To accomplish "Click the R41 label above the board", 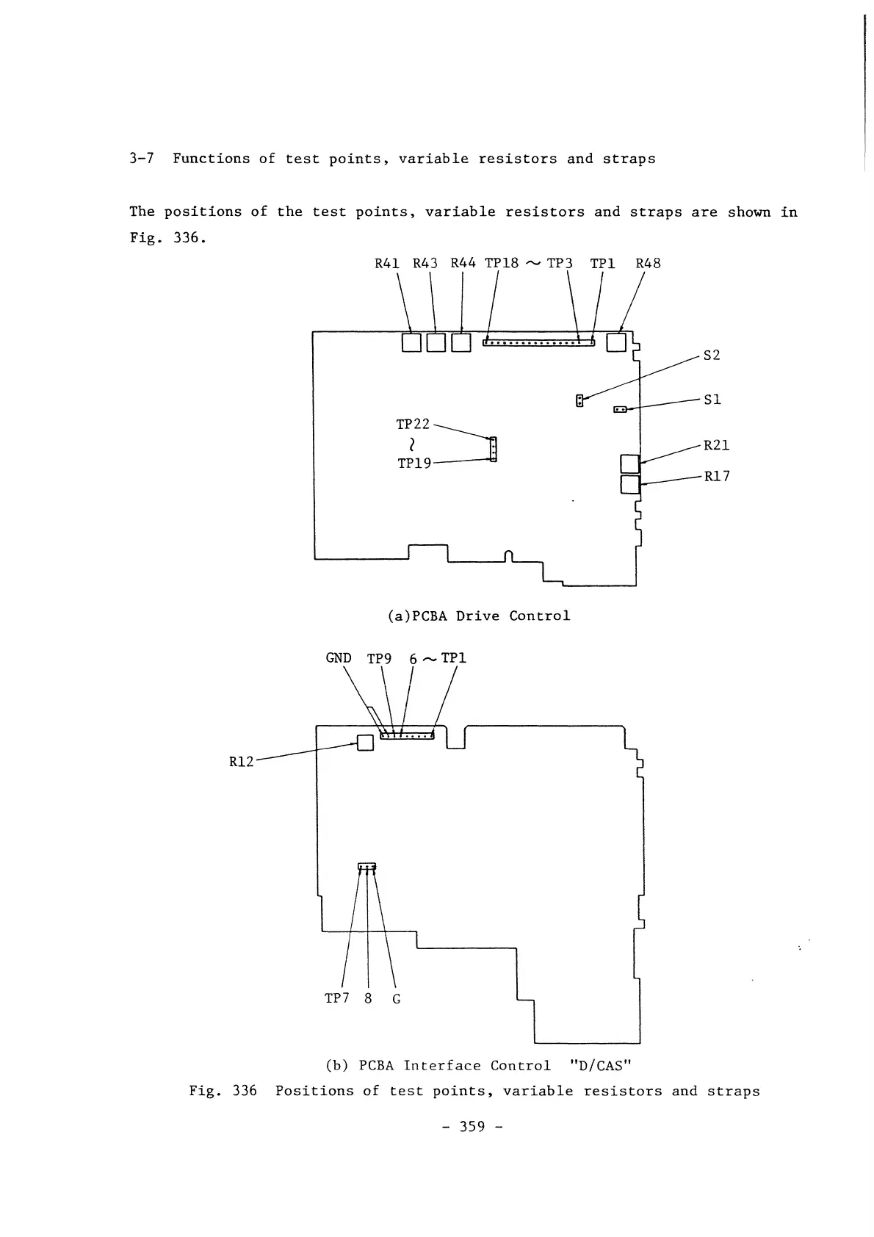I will pos(387,263).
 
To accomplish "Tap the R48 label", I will pos(648,263).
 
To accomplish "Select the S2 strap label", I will pos(712,356).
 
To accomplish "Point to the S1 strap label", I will pos(712,400).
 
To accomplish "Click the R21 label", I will pos(716,445).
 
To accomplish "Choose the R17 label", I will pos(717,476).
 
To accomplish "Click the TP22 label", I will pos(413,425).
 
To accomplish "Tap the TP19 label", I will pos(414,464).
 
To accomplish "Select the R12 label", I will pos(242,762).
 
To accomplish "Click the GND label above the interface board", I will pos(339,658).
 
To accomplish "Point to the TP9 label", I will pos(379,659).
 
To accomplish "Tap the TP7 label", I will pos(336,998).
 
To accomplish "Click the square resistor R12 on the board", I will pos(365,743).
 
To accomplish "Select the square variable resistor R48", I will pos(615,342).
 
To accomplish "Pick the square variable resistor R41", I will pos(411,342).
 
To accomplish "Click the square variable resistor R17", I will pos(630,484).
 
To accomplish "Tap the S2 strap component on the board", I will pos(579,400).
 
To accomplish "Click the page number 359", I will pos(473,1127).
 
